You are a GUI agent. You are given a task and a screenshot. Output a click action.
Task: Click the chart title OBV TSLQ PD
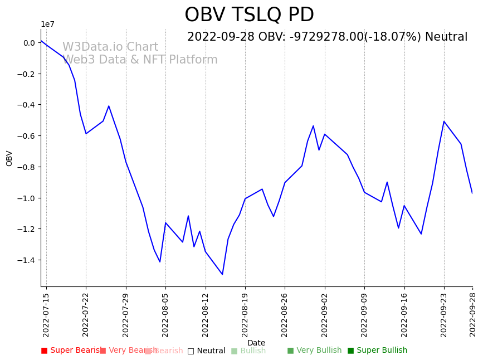(x=249, y=15)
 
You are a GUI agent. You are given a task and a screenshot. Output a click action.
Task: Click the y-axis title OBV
(x=9, y=158)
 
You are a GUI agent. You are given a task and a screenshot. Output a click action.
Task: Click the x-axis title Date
(x=256, y=343)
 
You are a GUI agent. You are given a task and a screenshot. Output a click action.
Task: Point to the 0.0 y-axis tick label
(x=29, y=43)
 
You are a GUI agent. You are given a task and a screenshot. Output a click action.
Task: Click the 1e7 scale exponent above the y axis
(x=47, y=24)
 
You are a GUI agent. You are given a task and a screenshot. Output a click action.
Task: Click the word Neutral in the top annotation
(x=446, y=37)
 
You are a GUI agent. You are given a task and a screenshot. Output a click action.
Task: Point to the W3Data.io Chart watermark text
(x=110, y=47)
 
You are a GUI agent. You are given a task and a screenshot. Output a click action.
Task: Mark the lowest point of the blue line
(x=222, y=274)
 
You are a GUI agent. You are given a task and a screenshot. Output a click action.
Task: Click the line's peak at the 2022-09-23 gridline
(x=444, y=121)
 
